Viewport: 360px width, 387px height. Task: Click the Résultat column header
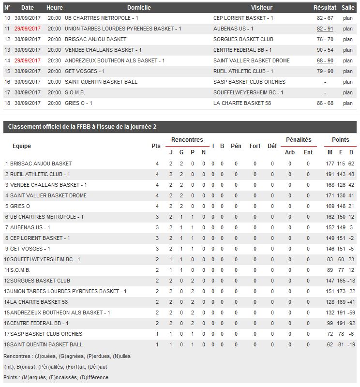tap(325, 8)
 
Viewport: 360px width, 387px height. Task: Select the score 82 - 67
tap(325, 18)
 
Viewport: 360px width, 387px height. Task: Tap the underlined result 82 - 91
tap(325, 29)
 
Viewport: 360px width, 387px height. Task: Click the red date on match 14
tap(28, 60)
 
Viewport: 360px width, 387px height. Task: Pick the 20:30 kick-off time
tap(55, 60)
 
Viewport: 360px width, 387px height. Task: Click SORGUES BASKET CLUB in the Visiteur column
tap(243, 39)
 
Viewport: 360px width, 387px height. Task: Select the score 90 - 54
tap(325, 50)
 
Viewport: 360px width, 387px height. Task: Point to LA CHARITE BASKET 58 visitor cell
tap(238, 103)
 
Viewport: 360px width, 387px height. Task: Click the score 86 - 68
tap(325, 103)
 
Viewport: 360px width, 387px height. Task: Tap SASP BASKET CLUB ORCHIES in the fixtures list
tap(249, 82)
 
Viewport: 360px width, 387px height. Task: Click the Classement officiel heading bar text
tap(82, 127)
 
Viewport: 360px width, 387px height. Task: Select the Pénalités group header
tap(299, 140)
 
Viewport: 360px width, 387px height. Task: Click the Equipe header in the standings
tap(22, 146)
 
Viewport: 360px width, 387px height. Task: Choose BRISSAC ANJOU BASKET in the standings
tap(41, 164)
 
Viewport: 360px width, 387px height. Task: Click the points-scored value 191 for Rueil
tap(330, 174)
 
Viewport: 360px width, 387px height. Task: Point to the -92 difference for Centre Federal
tap(351, 323)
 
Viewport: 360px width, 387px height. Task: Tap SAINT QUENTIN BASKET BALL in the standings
tap(46, 344)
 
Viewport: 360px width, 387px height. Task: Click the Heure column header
tap(55, 8)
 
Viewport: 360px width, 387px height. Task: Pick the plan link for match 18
tap(348, 103)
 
